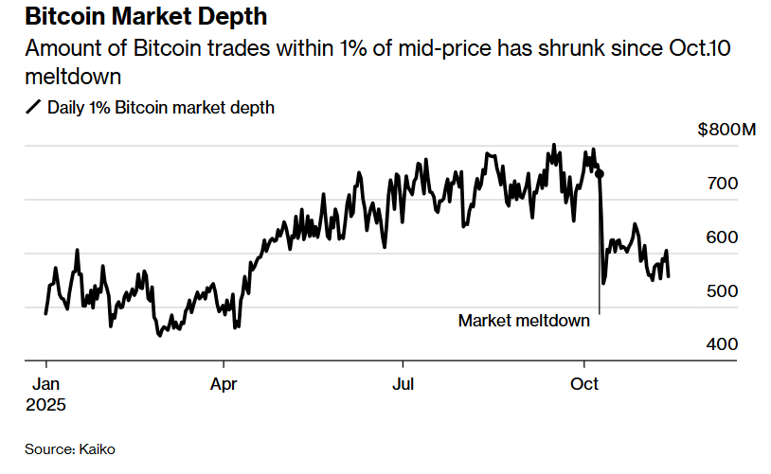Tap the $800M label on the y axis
click(x=727, y=130)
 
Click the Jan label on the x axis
click(x=46, y=385)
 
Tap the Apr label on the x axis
click(x=224, y=385)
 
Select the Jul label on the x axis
click(x=403, y=385)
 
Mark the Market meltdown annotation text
click(x=524, y=321)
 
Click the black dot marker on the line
click(x=599, y=174)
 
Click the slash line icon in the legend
click(x=33, y=108)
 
